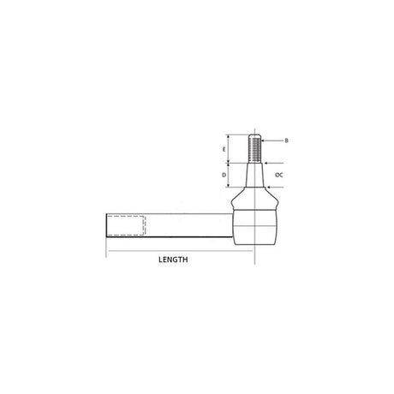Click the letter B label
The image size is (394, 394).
286,140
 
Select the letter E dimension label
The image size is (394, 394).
224,150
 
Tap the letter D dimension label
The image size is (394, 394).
224,176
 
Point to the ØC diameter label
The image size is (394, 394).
279,175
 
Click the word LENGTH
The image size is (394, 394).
174,258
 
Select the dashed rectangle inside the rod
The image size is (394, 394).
127,224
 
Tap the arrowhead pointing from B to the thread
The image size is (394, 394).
264,140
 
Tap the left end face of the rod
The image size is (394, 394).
107,224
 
